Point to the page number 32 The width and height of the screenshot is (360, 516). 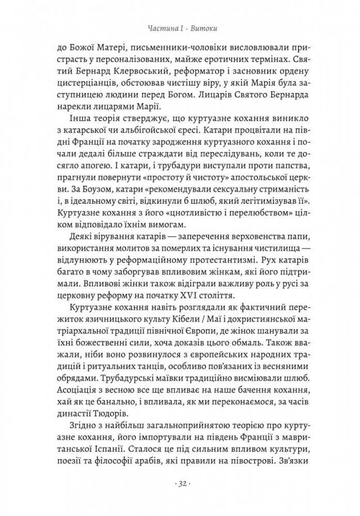(x=180, y=483)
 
